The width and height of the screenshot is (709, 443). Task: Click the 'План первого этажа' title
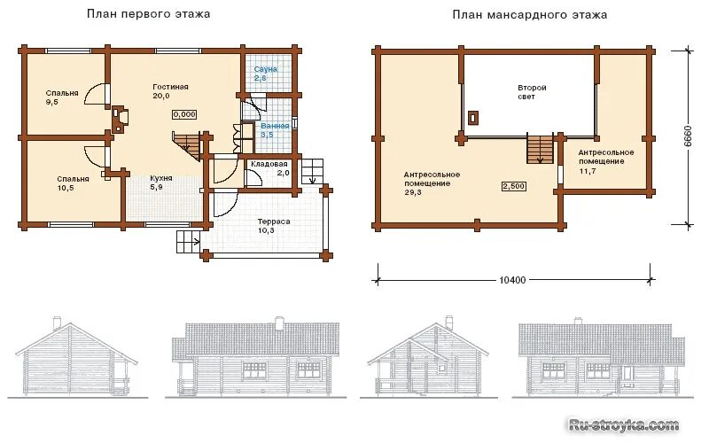click(x=148, y=14)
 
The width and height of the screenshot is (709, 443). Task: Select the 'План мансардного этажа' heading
click(x=529, y=15)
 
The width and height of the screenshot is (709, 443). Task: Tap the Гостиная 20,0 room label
click(x=170, y=91)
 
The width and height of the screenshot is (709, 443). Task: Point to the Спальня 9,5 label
click(x=62, y=97)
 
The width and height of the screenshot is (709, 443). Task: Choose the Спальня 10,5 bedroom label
click(x=73, y=183)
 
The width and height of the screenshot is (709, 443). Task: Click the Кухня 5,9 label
click(x=161, y=183)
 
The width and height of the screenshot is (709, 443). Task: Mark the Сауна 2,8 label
click(x=265, y=74)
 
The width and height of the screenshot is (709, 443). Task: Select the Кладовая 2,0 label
click(x=270, y=168)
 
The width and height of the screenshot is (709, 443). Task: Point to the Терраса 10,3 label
click(x=274, y=226)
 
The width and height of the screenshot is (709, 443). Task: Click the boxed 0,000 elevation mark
click(x=184, y=114)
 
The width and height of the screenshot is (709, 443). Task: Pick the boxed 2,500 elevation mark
click(x=514, y=186)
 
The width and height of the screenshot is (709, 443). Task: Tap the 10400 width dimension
click(x=512, y=280)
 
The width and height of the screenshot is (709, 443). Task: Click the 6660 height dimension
click(x=688, y=136)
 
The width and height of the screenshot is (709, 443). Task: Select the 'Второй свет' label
click(x=532, y=92)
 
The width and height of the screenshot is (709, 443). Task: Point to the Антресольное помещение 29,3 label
click(x=432, y=183)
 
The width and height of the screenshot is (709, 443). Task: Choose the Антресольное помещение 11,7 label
click(x=606, y=161)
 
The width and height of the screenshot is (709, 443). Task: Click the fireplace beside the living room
click(x=120, y=119)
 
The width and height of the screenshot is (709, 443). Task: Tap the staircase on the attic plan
click(x=541, y=149)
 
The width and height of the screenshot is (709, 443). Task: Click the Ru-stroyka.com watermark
click(x=624, y=425)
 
